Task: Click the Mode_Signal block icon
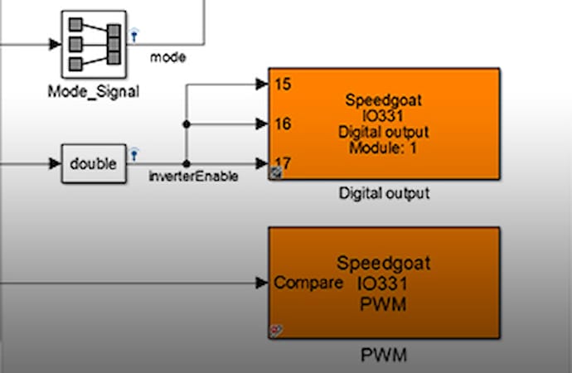(93, 42)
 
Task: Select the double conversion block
(93, 163)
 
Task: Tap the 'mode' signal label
(167, 57)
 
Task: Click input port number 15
(281, 84)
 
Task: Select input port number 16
(281, 124)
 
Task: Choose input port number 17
(281, 162)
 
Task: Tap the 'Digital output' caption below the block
(384, 194)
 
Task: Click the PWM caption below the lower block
(383, 356)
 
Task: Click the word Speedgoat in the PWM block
(383, 264)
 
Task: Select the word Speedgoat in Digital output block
(384, 101)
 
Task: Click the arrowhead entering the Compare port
(261, 283)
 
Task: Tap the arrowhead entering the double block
(55, 163)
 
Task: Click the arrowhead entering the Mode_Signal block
(55, 43)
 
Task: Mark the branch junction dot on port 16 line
(187, 124)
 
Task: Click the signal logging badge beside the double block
(133, 153)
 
